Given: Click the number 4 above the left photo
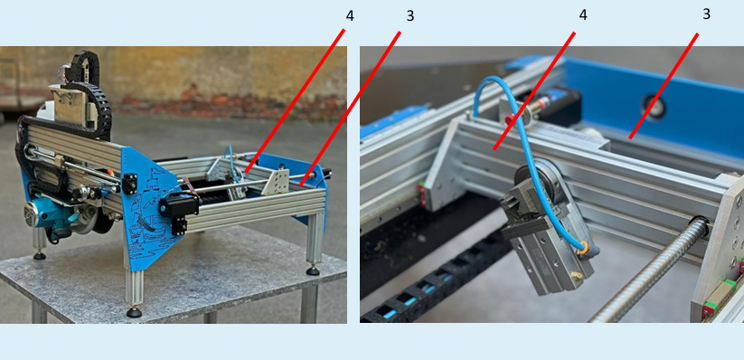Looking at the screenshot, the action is [x=350, y=16].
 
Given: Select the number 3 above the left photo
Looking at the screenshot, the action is [x=410, y=16].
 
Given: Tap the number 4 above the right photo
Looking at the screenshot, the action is [x=583, y=15].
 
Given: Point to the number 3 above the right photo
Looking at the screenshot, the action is [x=707, y=14].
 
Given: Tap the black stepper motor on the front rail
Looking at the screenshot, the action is [x=178, y=206].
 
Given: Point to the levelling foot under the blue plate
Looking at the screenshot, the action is [x=135, y=312].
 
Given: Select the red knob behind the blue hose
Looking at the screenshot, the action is [x=510, y=119].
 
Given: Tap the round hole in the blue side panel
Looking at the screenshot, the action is [x=654, y=107].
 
